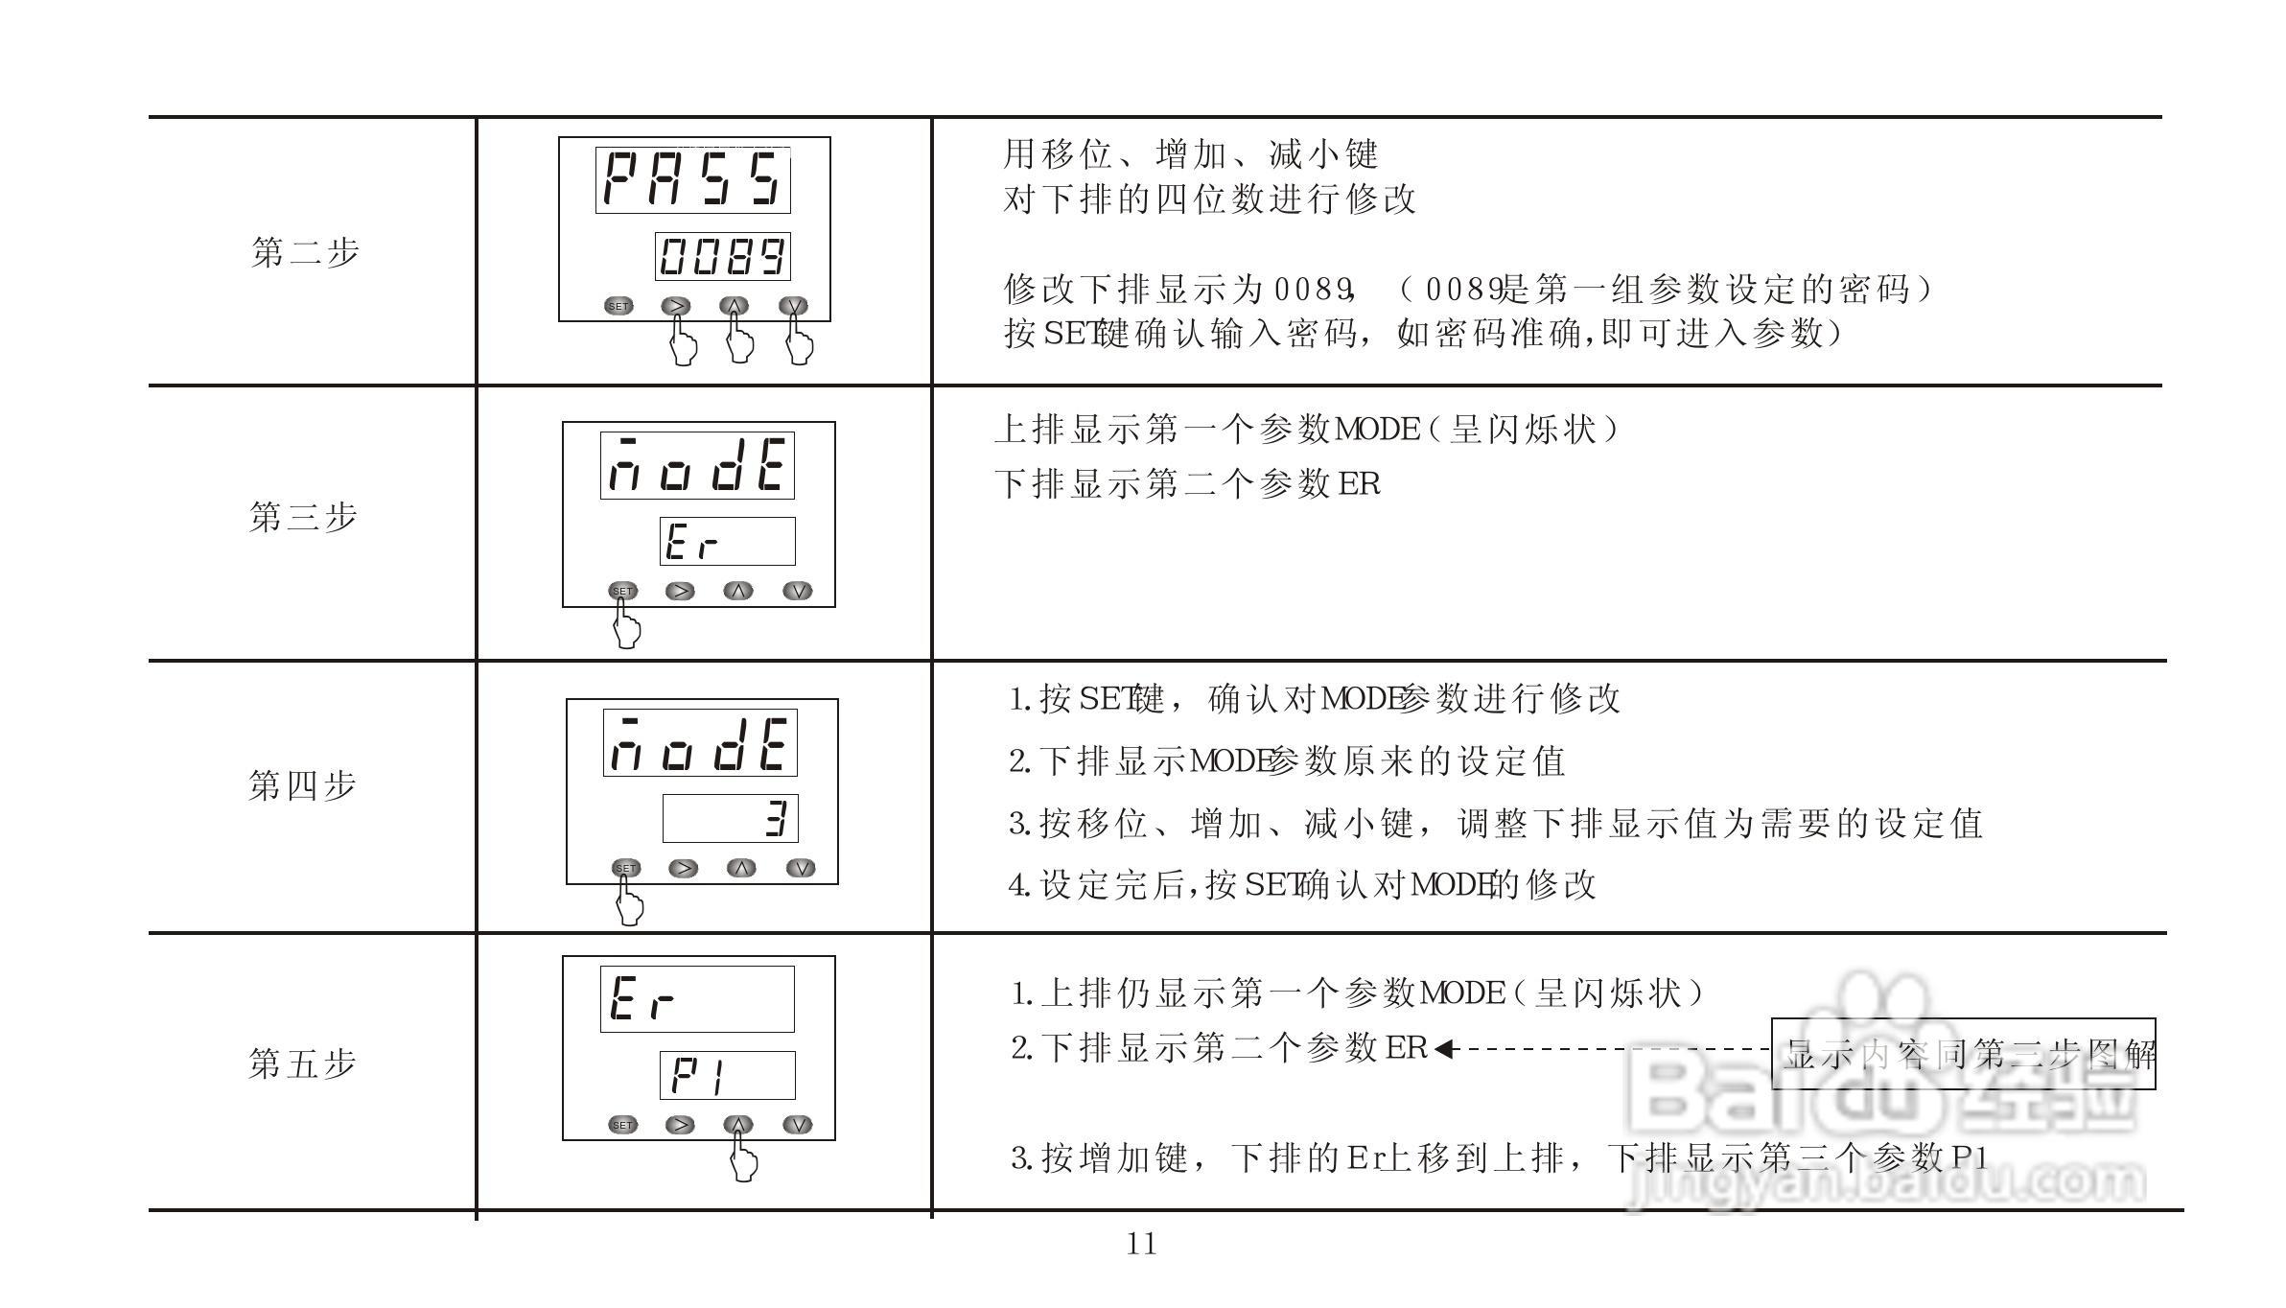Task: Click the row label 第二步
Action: [305, 253]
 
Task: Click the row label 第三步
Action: [303, 518]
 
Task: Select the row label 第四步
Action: [302, 786]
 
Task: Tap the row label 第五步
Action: [302, 1063]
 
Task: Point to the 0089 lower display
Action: [722, 256]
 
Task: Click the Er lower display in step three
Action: [727, 542]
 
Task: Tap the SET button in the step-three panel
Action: [622, 591]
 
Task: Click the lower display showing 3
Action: [730, 819]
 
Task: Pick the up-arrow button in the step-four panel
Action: [741, 868]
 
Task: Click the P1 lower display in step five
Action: [727, 1075]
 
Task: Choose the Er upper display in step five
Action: [697, 999]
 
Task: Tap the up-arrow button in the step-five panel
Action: [737, 1125]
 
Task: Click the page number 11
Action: [1141, 1245]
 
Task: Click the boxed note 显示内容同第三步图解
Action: [1963, 1055]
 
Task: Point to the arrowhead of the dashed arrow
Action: [1446, 1049]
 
